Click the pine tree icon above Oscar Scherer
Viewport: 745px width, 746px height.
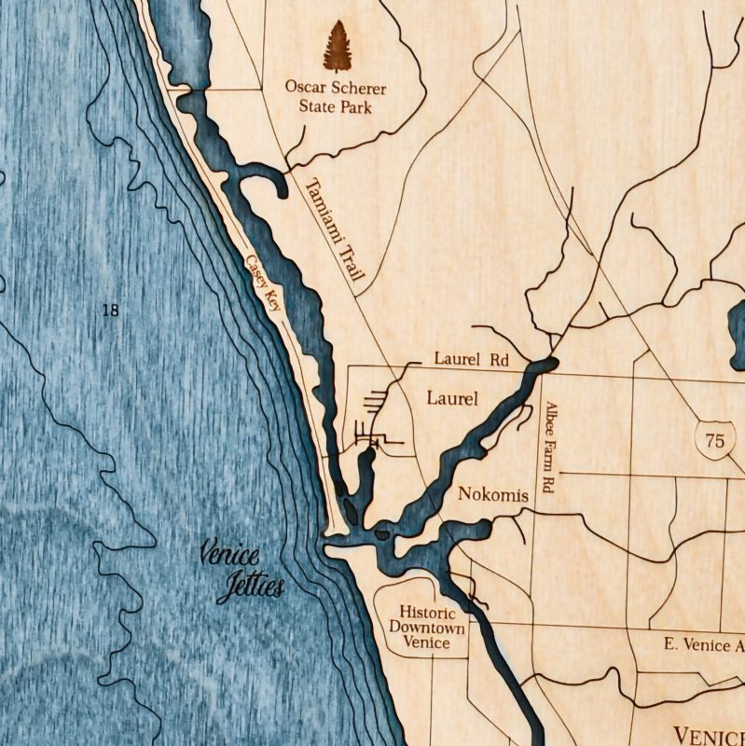point(336,47)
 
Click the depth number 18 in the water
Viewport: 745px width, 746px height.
point(110,311)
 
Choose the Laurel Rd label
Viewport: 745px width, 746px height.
point(471,358)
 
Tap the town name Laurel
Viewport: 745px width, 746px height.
point(451,399)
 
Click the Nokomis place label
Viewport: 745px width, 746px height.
point(493,494)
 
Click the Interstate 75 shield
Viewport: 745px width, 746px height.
point(714,441)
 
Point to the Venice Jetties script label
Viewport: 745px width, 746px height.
point(242,572)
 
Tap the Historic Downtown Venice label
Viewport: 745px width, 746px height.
point(427,628)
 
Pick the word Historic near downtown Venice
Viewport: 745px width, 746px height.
point(427,613)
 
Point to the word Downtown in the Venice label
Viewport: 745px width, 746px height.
point(427,628)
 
